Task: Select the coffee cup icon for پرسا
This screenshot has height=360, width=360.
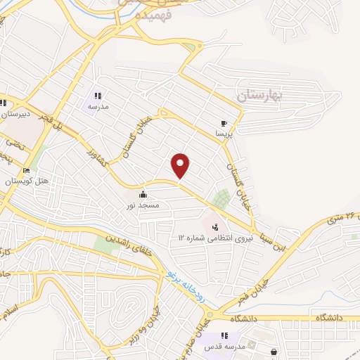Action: click(224, 122)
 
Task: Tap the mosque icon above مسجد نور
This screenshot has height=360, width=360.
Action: click(143, 193)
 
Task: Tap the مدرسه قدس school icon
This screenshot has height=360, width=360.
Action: click(224, 336)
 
